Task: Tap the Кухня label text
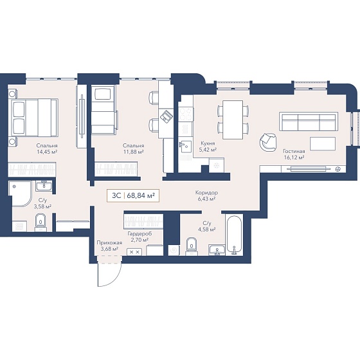208,143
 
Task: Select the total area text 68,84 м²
140,195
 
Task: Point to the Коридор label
206,193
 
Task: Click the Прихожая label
109,243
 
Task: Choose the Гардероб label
139,234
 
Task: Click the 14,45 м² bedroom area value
47,152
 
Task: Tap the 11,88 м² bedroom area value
133,152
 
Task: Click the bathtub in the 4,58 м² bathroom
234,235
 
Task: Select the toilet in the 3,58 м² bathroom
40,222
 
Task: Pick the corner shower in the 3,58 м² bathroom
20,194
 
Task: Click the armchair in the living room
268,142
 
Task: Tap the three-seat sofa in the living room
309,122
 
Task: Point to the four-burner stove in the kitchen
186,114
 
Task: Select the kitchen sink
185,147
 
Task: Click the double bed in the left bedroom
33,118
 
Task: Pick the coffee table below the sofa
323,144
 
